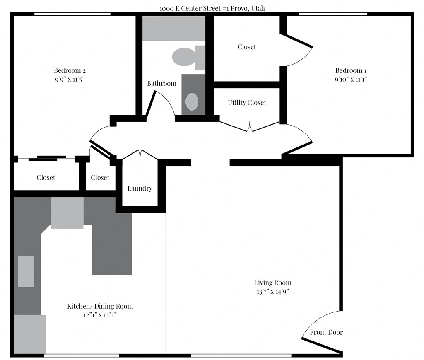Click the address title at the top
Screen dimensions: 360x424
click(212, 8)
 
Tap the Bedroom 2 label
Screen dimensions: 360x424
click(70, 70)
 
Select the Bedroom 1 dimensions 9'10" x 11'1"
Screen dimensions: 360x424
click(351, 79)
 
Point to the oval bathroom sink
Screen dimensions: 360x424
click(191, 101)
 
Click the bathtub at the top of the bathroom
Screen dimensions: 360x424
click(174, 28)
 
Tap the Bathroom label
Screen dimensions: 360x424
click(161, 83)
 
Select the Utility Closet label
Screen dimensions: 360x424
click(247, 102)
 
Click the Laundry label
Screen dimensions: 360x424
click(140, 188)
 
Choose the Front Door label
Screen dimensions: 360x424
click(326, 332)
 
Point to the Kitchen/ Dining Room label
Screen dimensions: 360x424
click(100, 306)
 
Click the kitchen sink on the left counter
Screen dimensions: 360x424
click(26, 271)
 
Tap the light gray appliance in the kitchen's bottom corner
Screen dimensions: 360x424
click(30, 334)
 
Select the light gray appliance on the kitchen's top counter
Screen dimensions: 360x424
click(67, 213)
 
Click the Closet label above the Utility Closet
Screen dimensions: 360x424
click(246, 47)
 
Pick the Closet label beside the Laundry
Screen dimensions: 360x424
click(100, 178)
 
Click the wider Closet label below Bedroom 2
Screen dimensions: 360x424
click(46, 178)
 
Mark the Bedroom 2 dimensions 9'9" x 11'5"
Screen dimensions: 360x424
click(70, 79)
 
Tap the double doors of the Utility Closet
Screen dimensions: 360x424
click(250, 127)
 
